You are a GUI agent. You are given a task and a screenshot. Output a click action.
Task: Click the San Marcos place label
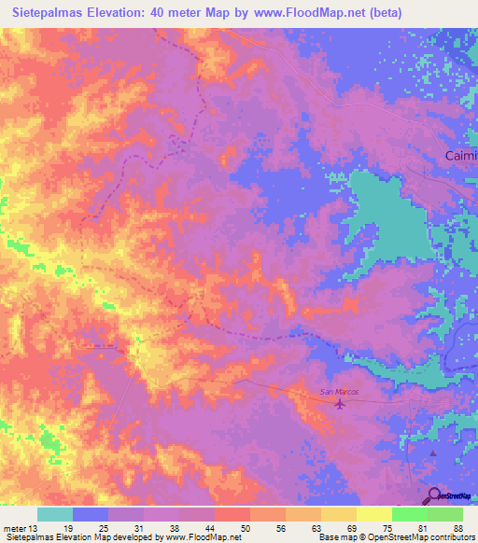tap(340, 392)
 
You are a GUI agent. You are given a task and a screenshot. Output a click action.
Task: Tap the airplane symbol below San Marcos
tap(339, 404)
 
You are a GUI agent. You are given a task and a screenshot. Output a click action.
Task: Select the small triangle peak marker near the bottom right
tap(432, 453)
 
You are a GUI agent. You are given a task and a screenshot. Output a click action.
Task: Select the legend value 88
tap(457, 528)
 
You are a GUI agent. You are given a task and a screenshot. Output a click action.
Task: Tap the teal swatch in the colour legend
tap(55, 514)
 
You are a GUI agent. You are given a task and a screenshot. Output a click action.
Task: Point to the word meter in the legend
tap(12, 528)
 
